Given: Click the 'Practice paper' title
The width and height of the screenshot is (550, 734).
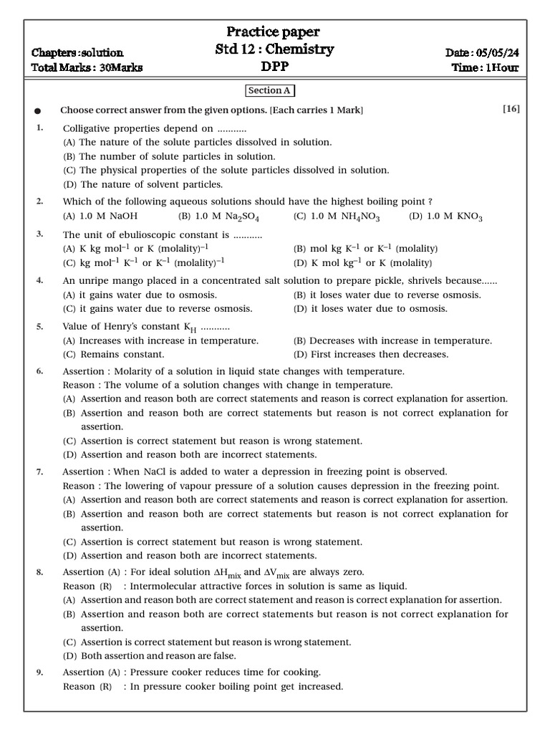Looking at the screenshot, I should pos(273,32).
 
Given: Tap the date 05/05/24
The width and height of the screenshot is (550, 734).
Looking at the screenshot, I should pos(498,52).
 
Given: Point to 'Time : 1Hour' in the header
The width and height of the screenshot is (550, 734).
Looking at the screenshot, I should pos(486,67).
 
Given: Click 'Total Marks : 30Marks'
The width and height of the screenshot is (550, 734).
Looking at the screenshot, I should pos(87,67).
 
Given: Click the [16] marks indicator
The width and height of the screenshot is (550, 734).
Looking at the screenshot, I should pos(511,109).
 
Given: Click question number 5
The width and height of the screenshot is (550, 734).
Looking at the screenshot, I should pos(40,326).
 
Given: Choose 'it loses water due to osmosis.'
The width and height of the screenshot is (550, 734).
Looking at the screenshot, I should pos(371,309).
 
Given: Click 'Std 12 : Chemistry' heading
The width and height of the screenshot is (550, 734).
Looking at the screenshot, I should pos(274,49).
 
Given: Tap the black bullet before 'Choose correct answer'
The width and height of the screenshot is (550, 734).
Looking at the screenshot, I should pos(38,111).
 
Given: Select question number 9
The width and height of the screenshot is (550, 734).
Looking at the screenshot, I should pos(40,672).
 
